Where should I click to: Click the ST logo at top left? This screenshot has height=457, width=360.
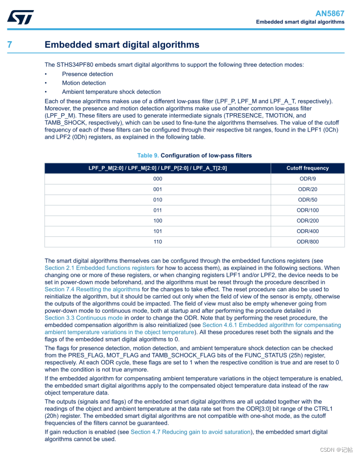click(21, 17)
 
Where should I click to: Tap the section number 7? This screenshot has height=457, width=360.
click(10, 45)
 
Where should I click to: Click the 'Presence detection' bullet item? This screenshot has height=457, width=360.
click(87, 74)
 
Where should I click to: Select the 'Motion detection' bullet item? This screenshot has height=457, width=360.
click(84, 83)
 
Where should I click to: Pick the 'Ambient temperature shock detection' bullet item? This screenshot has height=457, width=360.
click(111, 92)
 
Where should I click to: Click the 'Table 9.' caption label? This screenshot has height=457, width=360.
click(148, 155)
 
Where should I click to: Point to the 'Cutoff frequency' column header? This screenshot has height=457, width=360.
click(308, 168)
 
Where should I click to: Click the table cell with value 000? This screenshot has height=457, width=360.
click(157, 179)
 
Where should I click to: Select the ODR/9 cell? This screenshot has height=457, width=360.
click(308, 179)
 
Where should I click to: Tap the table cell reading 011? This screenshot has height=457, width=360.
click(157, 211)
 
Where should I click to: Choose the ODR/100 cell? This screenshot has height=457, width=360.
click(308, 211)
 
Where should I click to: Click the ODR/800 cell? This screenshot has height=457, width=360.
click(308, 242)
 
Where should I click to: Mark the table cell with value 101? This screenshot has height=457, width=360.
click(157, 232)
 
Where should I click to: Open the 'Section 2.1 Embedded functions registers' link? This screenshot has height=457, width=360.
click(99, 268)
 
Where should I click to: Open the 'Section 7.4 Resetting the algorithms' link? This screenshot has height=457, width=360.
click(92, 290)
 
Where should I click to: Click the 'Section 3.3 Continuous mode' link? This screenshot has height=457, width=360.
click(84, 318)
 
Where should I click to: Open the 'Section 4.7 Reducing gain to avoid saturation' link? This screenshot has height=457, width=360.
click(191, 432)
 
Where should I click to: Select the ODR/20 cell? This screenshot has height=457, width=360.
click(308, 189)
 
